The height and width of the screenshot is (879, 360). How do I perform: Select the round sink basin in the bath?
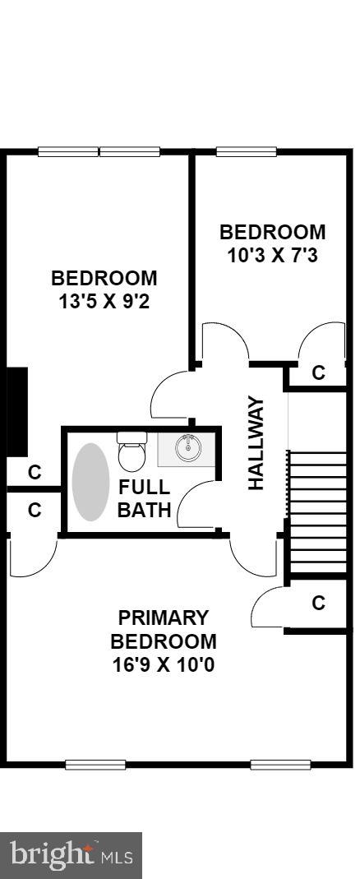pos(188,447)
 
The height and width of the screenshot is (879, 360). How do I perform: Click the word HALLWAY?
pos(256,443)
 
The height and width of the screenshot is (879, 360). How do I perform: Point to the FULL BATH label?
pos(145,497)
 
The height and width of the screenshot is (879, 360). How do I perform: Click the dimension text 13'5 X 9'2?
pos(104,301)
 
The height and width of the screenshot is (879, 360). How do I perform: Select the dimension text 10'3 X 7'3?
pos(272,255)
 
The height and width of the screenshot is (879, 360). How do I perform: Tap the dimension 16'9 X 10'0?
pos(164,664)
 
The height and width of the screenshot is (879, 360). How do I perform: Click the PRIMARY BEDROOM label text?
pos(164,629)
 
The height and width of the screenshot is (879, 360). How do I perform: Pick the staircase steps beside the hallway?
pos(317,511)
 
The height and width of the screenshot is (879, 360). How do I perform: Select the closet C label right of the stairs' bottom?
pos(318,604)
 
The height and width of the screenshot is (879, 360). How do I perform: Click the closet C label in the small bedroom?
pos(318,373)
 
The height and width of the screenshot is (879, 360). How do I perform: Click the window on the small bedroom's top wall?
pos(246,151)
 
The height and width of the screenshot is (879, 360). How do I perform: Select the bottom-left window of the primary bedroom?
pos(95,765)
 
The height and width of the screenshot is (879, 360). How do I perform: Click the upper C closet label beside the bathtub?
pos(35,473)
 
